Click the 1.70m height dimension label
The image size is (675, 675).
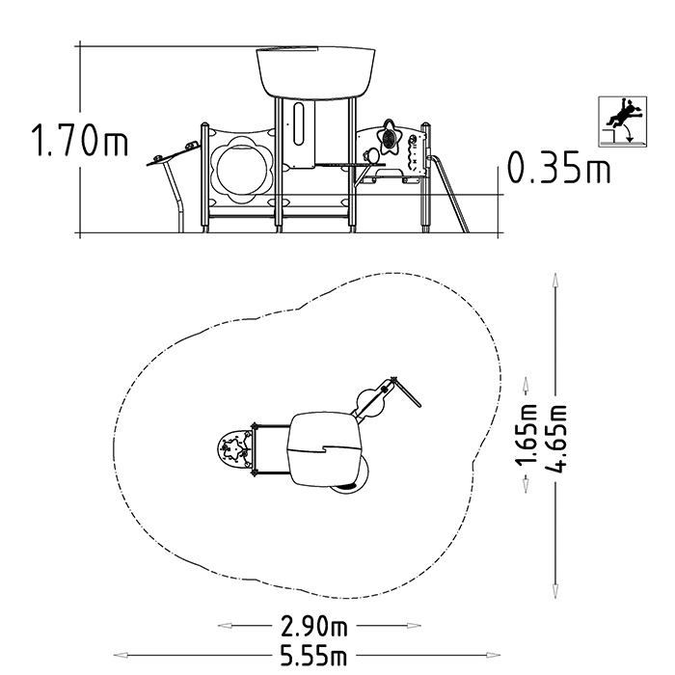[80, 140]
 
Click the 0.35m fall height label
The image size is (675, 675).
[558, 167]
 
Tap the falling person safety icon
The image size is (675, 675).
[623, 121]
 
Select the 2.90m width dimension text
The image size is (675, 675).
[313, 626]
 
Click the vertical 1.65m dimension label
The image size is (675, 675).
[526, 435]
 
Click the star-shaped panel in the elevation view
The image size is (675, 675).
[391, 137]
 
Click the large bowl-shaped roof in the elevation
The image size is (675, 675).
[315, 72]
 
